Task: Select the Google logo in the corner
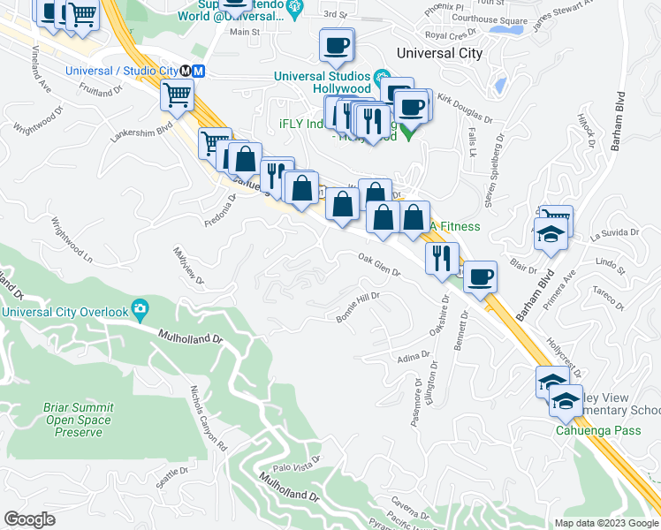coord(29,519)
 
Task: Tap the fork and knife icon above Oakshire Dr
coord(441,258)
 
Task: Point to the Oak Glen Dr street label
coord(379,265)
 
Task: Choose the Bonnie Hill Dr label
coord(358,307)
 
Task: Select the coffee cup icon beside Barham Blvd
coord(480,276)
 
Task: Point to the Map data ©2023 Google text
coord(605,523)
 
